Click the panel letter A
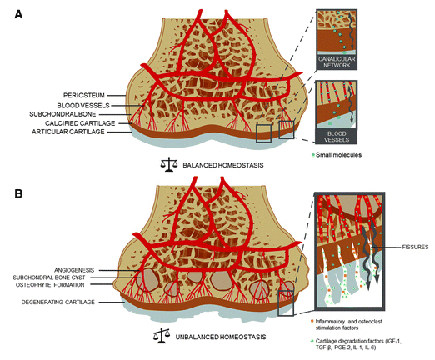click(18, 14)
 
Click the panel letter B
click(18, 193)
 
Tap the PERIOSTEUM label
click(84, 96)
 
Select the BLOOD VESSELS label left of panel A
click(83, 106)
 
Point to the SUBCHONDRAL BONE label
click(62, 114)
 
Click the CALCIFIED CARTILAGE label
click(80, 123)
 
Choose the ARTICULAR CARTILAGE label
click(68, 132)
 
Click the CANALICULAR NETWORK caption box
click(337, 62)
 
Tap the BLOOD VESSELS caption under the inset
click(337, 137)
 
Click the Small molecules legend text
click(338, 155)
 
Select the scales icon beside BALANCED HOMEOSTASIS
click(169, 165)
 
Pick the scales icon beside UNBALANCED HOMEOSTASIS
click(162, 336)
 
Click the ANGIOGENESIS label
click(74, 270)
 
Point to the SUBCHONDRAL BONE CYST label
click(49, 277)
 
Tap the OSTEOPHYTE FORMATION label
click(50, 285)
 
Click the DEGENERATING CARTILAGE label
click(58, 302)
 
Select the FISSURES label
click(415, 247)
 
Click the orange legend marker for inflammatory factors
click(312, 321)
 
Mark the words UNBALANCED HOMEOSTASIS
click(221, 337)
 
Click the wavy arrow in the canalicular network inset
click(351, 30)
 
